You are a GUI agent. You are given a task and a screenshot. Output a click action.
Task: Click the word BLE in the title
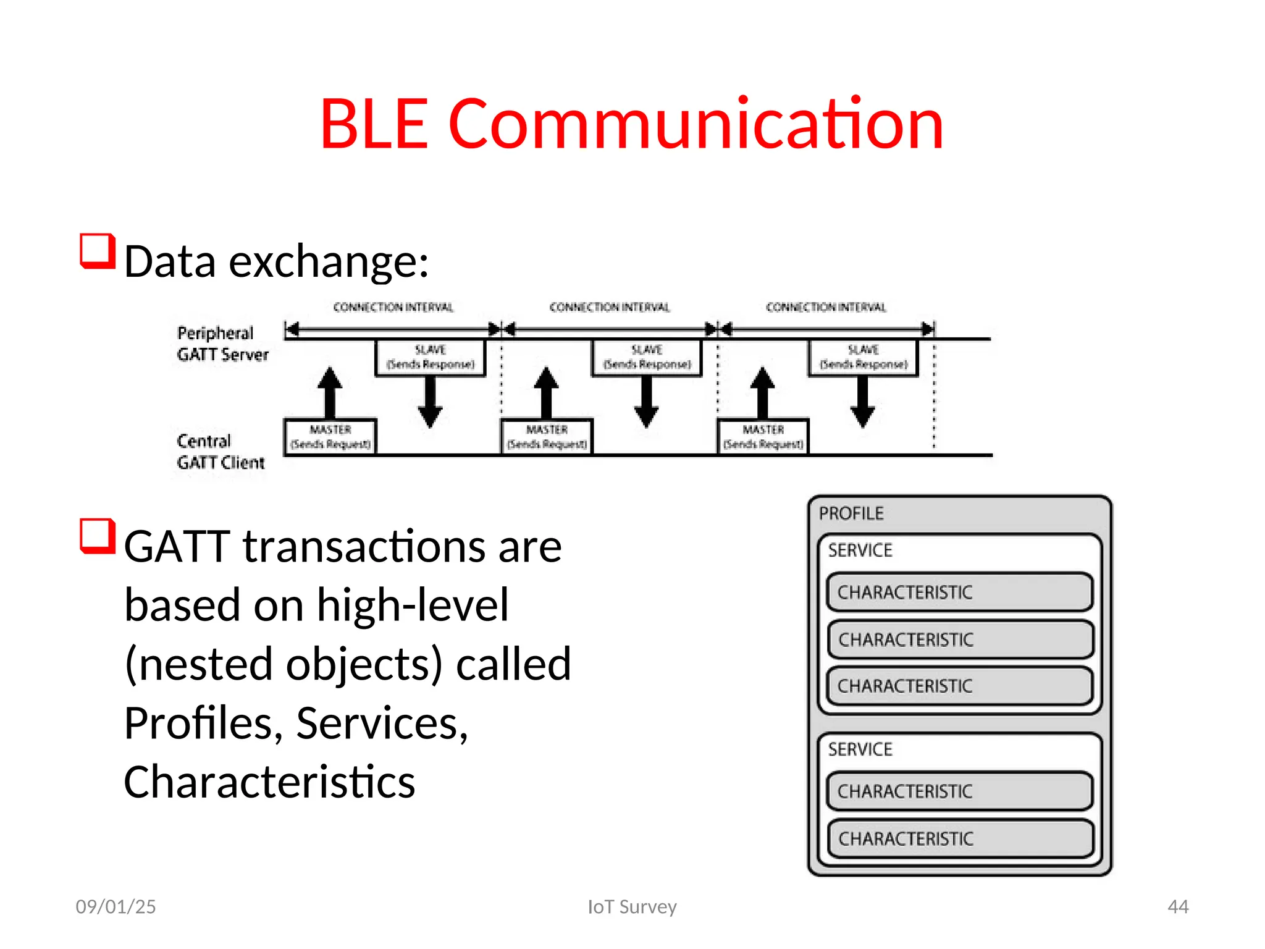(x=374, y=125)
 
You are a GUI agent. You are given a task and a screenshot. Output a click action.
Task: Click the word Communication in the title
(x=696, y=125)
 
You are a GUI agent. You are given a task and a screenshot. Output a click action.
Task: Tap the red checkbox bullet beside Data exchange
(x=98, y=251)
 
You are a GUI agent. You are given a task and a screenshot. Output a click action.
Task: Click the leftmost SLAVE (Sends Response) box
(x=431, y=357)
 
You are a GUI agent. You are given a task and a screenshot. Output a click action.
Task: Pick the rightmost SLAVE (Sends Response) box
(x=863, y=357)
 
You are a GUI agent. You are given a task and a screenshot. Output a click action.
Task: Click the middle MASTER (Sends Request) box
(x=547, y=437)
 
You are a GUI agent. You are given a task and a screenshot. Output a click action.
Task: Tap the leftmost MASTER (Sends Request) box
(x=330, y=437)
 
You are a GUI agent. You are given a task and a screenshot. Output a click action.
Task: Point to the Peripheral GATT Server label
(x=222, y=344)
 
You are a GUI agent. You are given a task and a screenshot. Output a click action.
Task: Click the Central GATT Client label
(x=221, y=452)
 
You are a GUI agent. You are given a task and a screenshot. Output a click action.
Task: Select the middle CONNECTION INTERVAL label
(x=609, y=307)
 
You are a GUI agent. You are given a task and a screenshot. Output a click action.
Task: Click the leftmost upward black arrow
(x=330, y=393)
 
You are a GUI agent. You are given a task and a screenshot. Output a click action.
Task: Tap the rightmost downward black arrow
(x=863, y=402)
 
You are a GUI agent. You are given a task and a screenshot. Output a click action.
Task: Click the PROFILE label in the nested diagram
(x=851, y=513)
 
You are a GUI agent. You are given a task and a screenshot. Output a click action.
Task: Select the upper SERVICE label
(x=860, y=550)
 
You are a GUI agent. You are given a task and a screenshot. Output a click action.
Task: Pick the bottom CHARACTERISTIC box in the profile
(x=959, y=838)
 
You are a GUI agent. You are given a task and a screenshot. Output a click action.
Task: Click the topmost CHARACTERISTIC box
(x=959, y=592)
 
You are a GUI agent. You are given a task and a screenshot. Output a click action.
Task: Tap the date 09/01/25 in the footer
(x=116, y=906)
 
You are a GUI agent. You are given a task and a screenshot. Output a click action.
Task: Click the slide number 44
(x=1178, y=906)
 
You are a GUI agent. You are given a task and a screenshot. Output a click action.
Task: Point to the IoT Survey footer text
(x=632, y=906)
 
